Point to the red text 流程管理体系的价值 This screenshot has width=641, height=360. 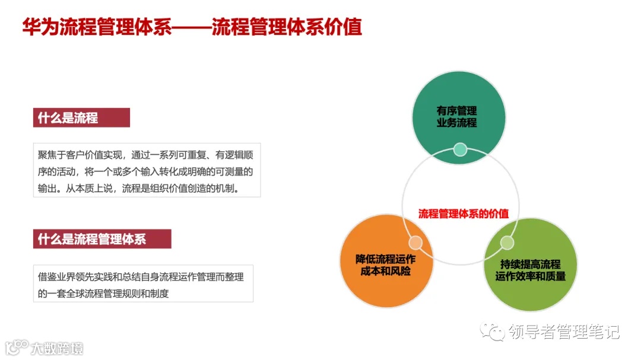[x=459, y=214]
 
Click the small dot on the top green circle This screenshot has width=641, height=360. [x=460, y=149]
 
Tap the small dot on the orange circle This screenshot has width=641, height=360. [x=415, y=243]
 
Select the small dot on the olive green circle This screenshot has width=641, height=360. [x=507, y=243]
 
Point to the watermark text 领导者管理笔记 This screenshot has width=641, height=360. [x=564, y=332]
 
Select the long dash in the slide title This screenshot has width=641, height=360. [x=191, y=27]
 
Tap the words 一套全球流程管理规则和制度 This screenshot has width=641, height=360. [x=110, y=293]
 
